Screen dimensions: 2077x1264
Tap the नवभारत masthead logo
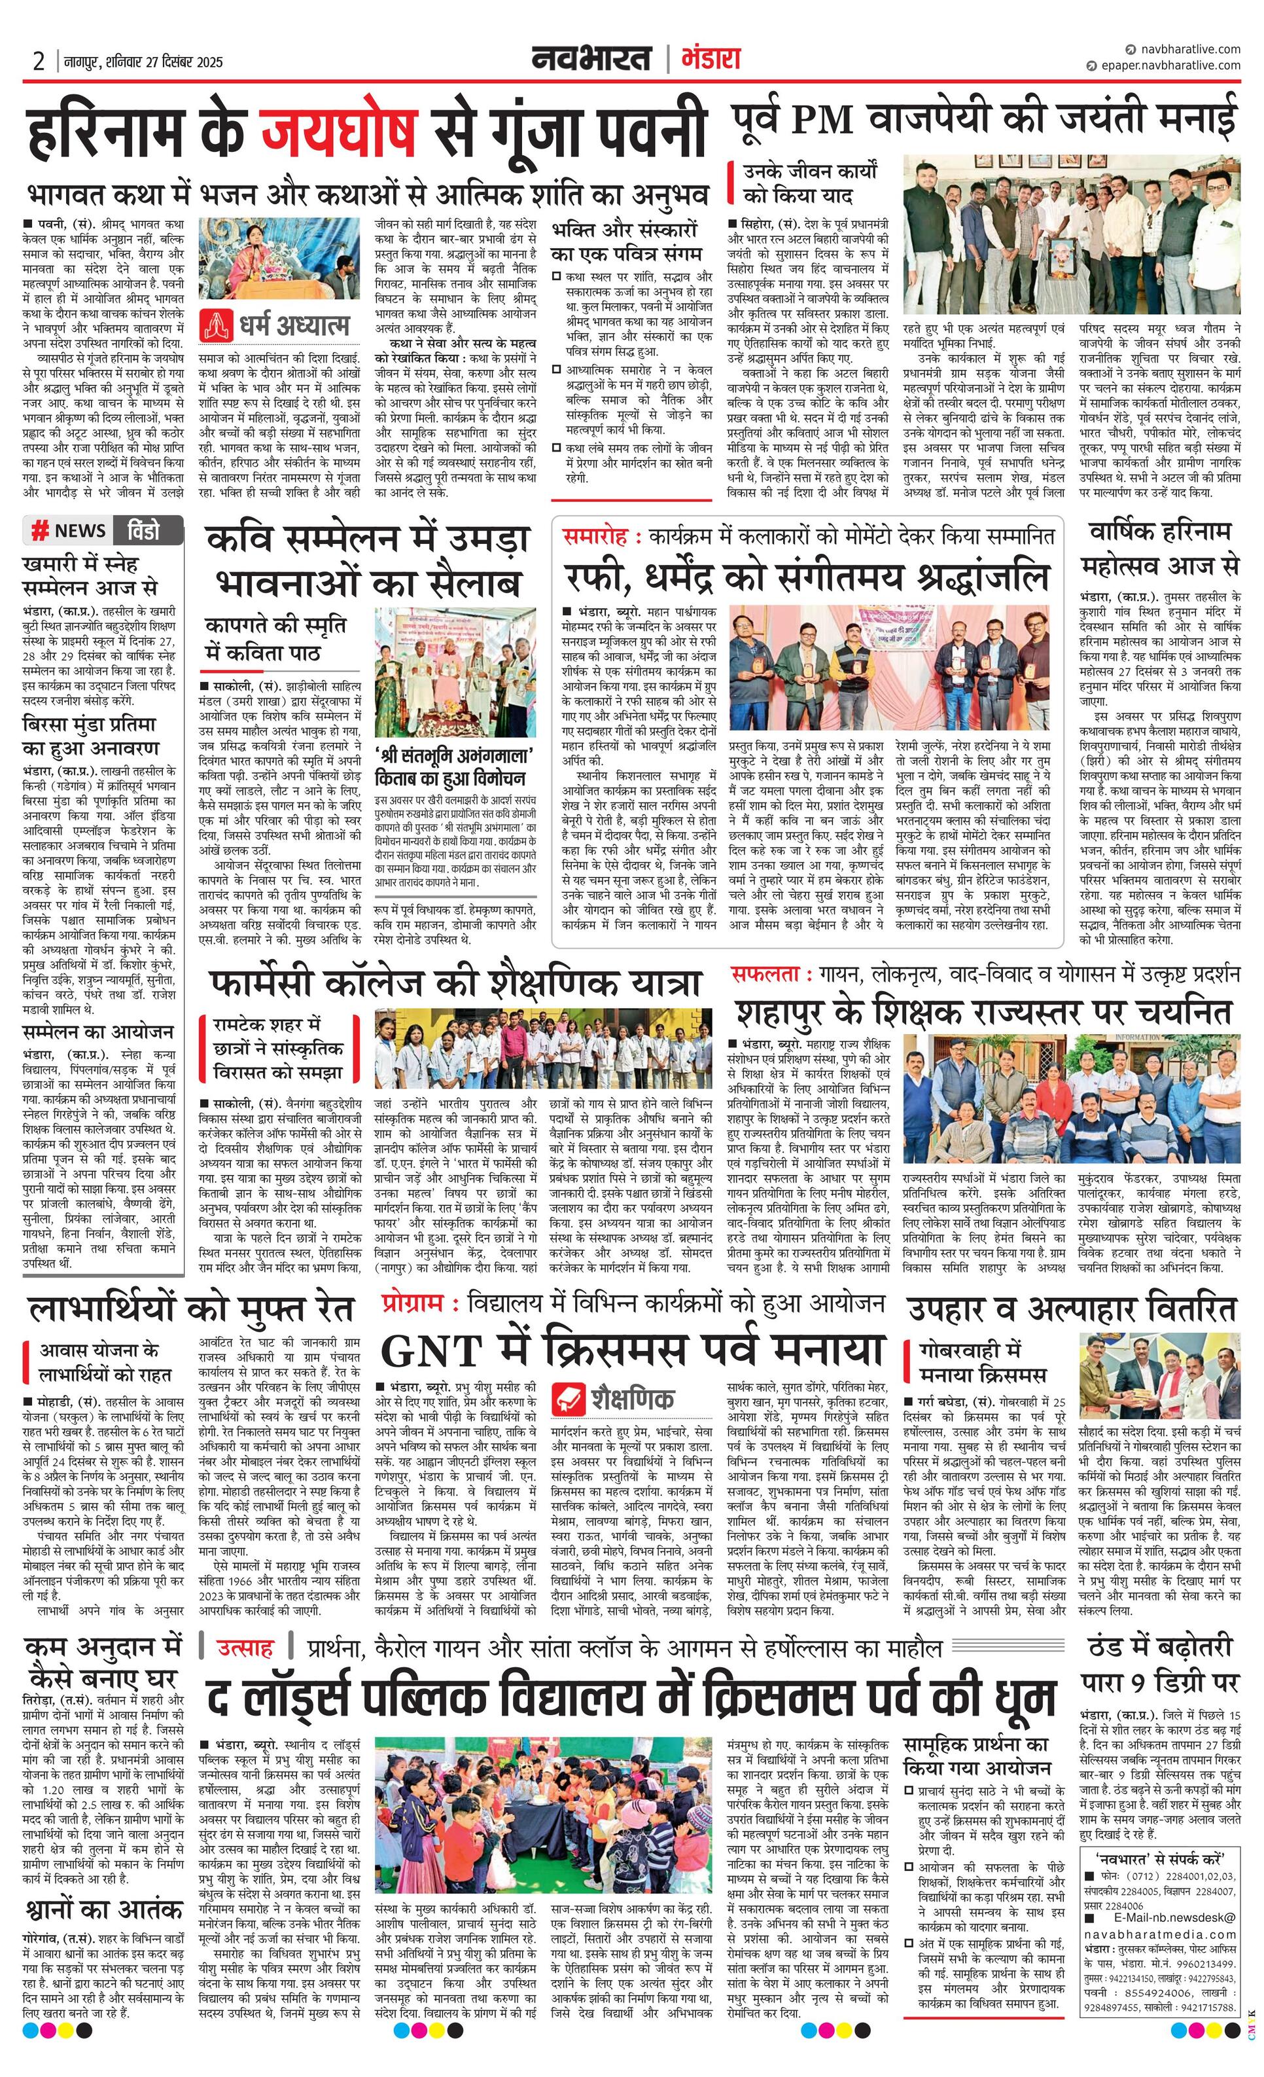point(591,59)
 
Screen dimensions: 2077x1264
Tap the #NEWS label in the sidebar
point(69,530)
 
